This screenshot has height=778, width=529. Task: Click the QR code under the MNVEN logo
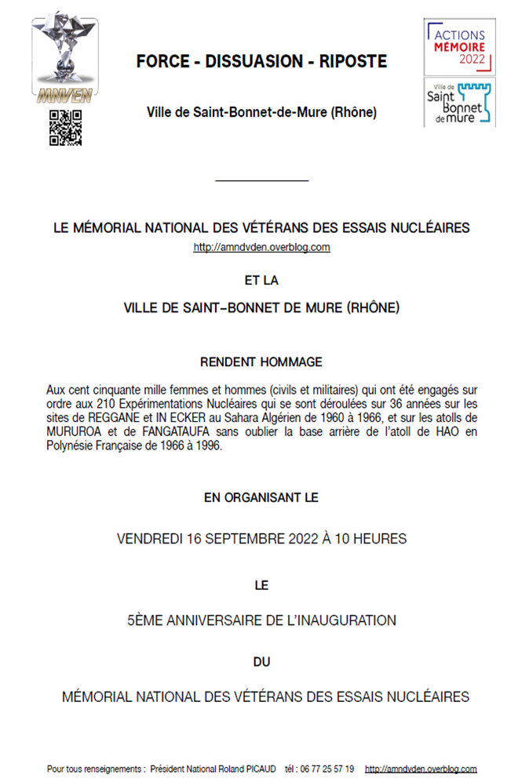click(66, 128)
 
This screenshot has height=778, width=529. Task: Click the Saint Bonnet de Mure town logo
click(460, 101)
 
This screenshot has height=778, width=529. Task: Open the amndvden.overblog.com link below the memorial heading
click(261, 248)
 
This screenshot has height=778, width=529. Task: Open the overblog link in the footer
click(421, 769)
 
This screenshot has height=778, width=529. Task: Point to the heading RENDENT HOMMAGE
click(261, 362)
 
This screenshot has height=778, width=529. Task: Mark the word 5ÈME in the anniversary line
click(146, 620)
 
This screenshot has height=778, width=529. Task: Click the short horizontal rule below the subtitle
click(261, 181)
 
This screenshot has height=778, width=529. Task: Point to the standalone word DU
click(261, 661)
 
